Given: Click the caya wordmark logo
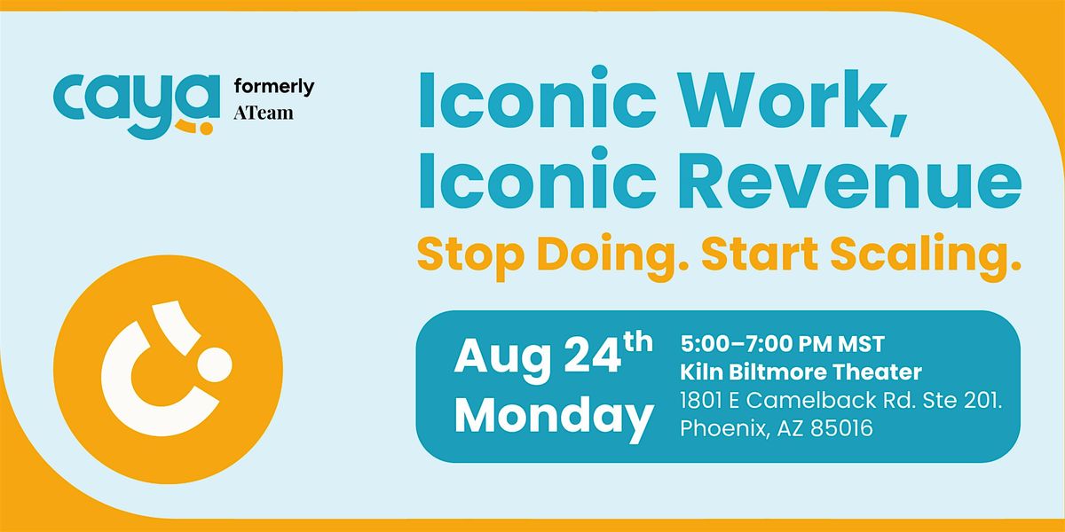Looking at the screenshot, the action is point(137,106).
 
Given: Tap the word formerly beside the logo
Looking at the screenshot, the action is point(274,88).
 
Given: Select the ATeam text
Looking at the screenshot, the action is point(264,113).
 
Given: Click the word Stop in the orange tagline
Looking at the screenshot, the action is point(470,255).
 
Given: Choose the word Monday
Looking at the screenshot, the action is point(554,415).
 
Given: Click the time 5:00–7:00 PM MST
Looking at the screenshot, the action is point(782,344).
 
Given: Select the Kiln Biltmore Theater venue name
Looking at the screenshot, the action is point(801,372).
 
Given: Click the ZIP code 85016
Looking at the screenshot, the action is point(841,428).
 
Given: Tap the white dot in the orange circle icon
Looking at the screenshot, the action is point(215,364).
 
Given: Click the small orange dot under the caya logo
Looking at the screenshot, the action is point(206,129).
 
